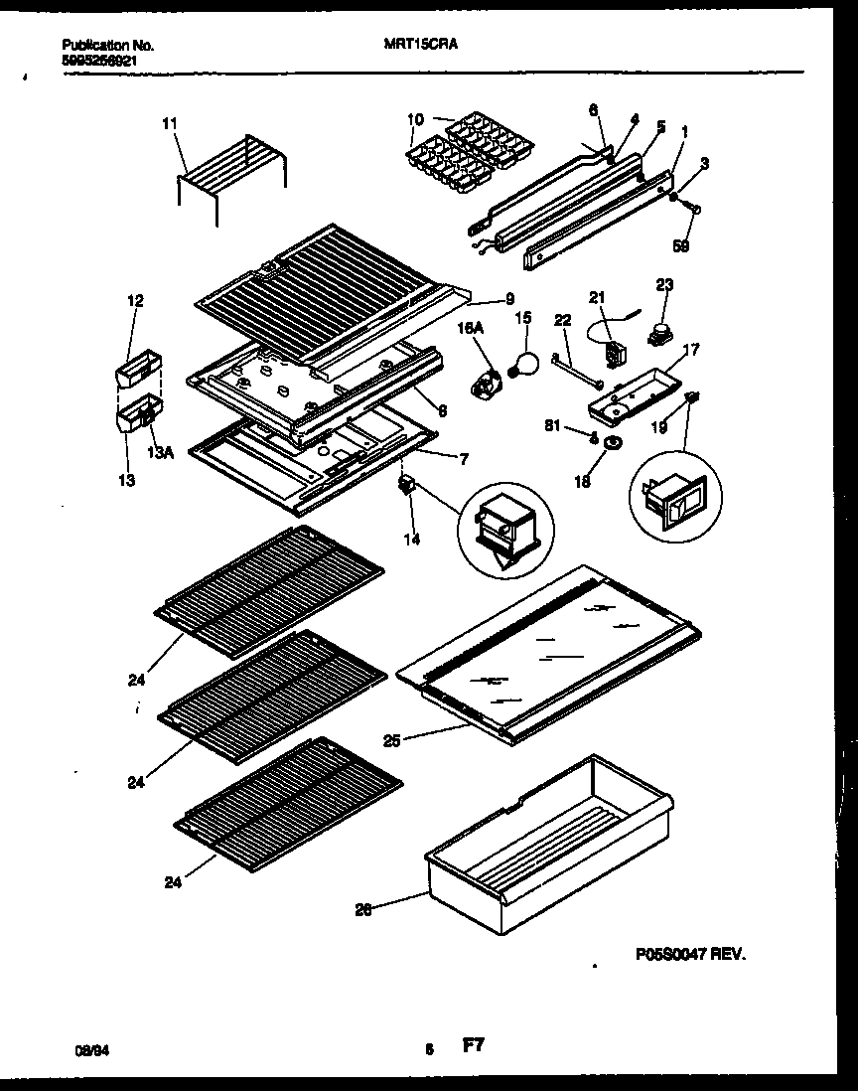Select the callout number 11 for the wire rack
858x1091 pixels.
coord(169,123)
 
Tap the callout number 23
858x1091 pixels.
coord(663,286)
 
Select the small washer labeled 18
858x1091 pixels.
coord(613,441)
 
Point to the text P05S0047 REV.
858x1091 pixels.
coord(690,952)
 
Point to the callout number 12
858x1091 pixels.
coord(136,300)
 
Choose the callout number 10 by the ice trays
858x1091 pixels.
coord(414,119)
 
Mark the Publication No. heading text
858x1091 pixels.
coord(107,45)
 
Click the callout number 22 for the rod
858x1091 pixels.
coord(563,319)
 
